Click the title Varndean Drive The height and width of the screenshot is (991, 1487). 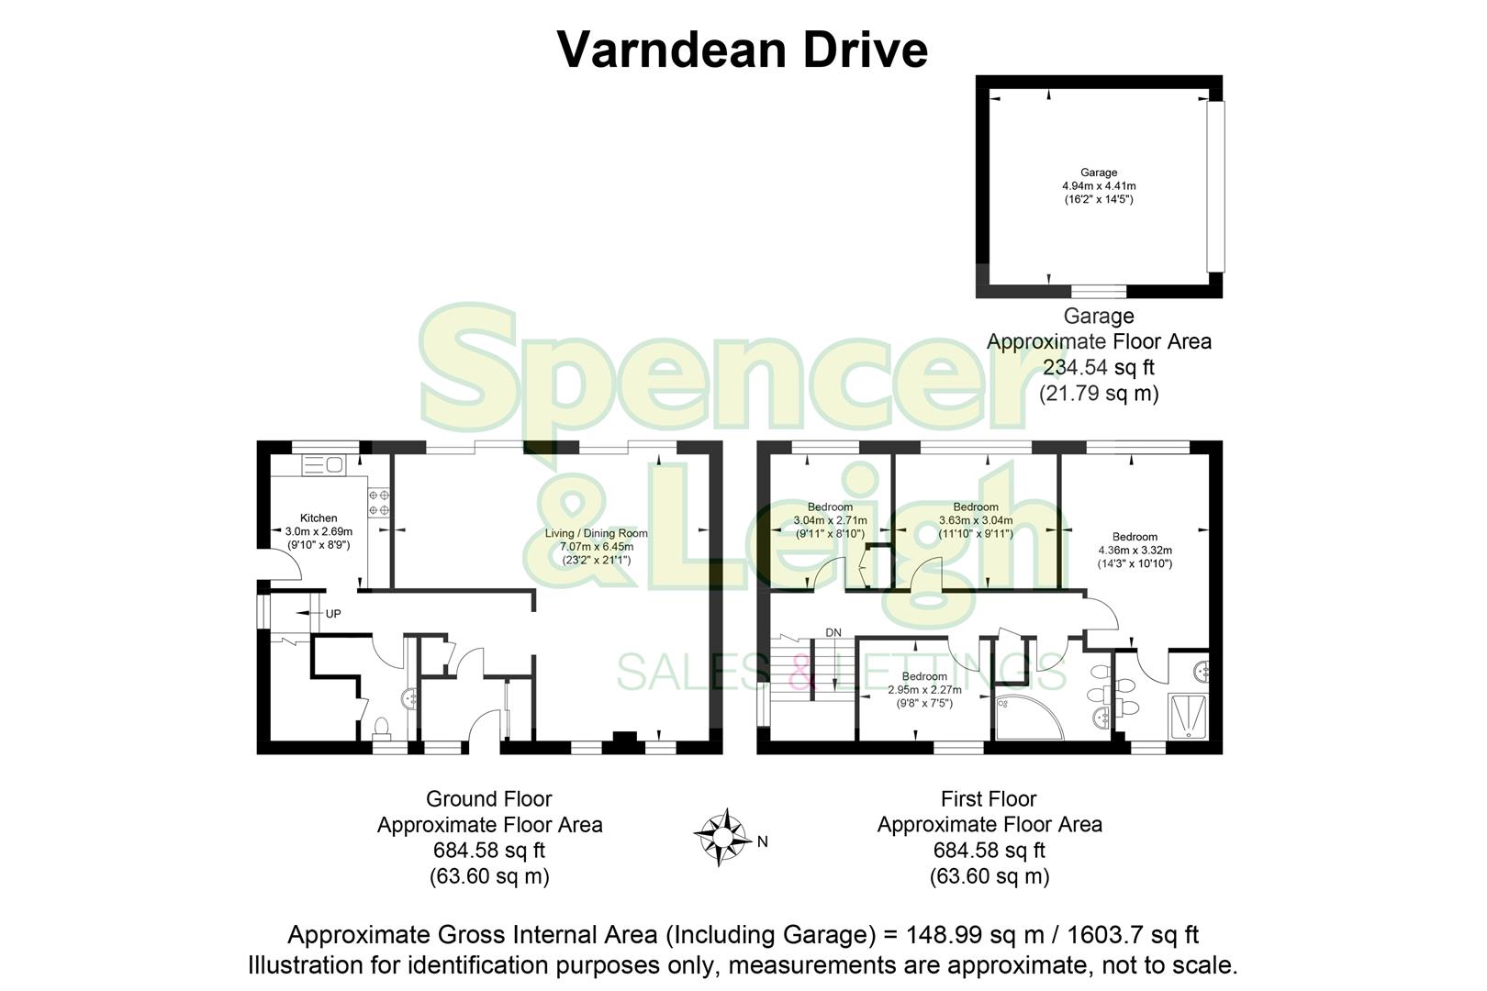coord(743,50)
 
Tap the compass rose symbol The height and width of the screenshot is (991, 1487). coord(722,837)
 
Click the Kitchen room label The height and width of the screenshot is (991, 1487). coord(319,518)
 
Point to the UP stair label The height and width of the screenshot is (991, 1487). coord(333,614)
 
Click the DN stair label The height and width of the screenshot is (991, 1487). coord(833,632)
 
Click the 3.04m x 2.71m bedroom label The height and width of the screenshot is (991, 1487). coord(830,520)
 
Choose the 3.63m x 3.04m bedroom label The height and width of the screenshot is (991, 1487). coord(976,520)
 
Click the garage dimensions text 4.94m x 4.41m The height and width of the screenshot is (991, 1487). coord(1099,186)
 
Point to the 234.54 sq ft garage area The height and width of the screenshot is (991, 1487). coord(1098,368)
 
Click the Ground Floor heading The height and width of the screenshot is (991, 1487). coord(489,799)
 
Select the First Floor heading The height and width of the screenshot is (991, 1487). coord(989,799)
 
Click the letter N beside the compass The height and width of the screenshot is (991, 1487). coord(762,841)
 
